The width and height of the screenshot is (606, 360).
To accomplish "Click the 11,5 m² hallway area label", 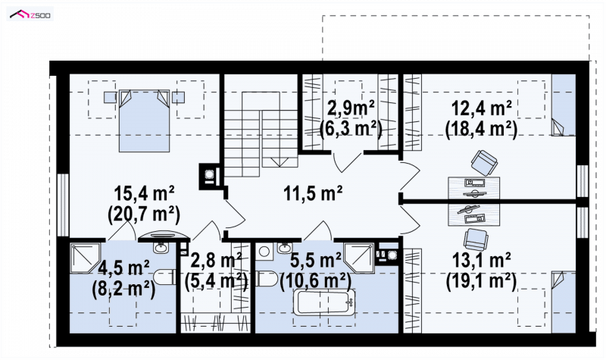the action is click(313, 193).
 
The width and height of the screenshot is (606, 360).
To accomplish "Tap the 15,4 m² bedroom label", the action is click(144, 193).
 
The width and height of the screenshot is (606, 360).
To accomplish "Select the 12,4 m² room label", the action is click(482, 109).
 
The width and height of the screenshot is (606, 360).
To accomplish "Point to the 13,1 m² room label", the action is click(481, 260).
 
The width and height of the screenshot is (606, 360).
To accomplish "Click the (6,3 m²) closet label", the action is click(351, 129).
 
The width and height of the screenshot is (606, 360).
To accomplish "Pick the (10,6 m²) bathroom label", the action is click(316, 280).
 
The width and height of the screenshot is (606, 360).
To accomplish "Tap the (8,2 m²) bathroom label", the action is click(123, 288).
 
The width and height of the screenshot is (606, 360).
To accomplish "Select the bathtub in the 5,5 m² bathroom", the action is click(324, 302).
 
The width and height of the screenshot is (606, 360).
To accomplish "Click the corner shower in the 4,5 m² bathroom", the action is click(86, 258).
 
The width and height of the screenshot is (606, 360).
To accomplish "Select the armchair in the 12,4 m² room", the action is click(484, 162).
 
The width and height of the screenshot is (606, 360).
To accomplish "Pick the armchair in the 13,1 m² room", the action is click(476, 239).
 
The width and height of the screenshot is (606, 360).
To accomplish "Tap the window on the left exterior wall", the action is click(63, 205).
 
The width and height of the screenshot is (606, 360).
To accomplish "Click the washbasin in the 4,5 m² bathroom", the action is click(161, 247).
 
